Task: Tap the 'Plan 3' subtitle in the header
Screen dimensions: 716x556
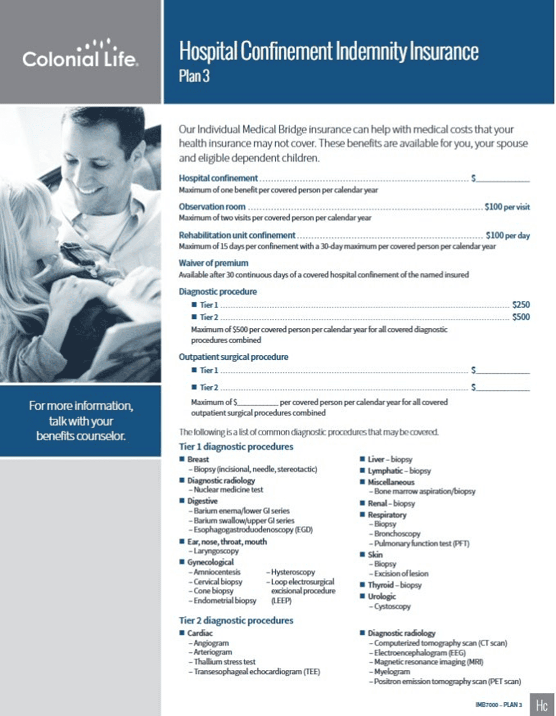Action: click(x=194, y=76)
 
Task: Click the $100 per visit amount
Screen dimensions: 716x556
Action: click(x=507, y=207)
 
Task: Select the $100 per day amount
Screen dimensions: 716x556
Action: click(x=507, y=235)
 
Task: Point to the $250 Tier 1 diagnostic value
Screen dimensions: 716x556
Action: click(x=521, y=305)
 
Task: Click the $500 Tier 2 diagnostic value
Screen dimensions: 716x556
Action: click(x=521, y=317)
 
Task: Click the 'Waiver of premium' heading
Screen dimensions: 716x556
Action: click(x=213, y=263)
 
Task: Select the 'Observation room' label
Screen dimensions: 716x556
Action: click(x=212, y=207)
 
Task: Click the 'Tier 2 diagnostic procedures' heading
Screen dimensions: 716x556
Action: click(x=236, y=621)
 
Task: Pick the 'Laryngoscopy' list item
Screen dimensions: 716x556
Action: click(x=216, y=551)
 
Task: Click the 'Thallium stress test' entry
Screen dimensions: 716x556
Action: click(x=224, y=662)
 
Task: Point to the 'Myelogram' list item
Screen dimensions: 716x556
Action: click(x=392, y=671)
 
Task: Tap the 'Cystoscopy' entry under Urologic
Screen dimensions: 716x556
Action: click(x=392, y=606)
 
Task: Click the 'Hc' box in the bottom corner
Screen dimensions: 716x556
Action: click(x=542, y=705)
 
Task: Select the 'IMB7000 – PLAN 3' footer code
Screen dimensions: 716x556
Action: click(x=498, y=705)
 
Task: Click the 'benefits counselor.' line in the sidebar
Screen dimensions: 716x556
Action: click(x=81, y=436)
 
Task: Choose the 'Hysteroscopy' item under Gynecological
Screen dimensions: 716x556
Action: click(x=293, y=572)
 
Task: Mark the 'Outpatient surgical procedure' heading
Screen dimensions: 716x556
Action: click(x=234, y=357)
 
